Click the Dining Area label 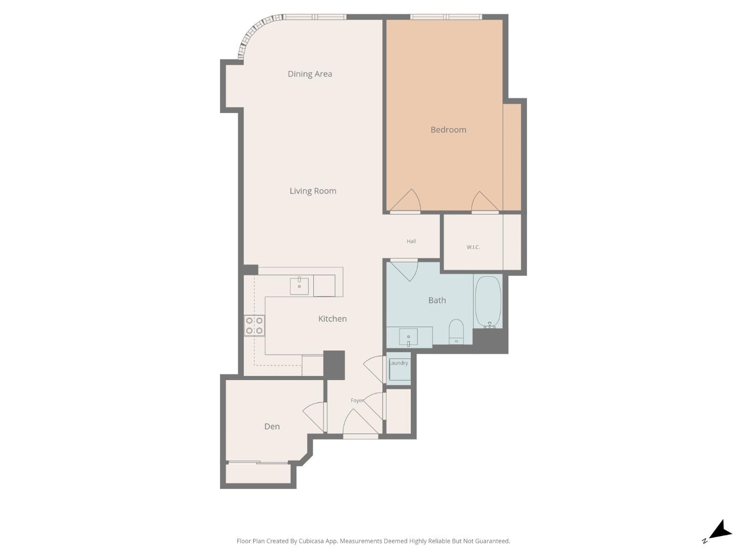(x=310, y=74)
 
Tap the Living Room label (x=313, y=191)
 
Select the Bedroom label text (x=448, y=130)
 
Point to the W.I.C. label (x=473, y=247)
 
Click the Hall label (x=411, y=241)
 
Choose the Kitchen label (x=332, y=319)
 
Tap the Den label (x=272, y=427)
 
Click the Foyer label (x=357, y=401)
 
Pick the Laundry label (x=398, y=363)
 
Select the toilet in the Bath (x=456, y=331)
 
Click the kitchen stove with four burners (x=254, y=326)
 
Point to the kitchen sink (x=299, y=286)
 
